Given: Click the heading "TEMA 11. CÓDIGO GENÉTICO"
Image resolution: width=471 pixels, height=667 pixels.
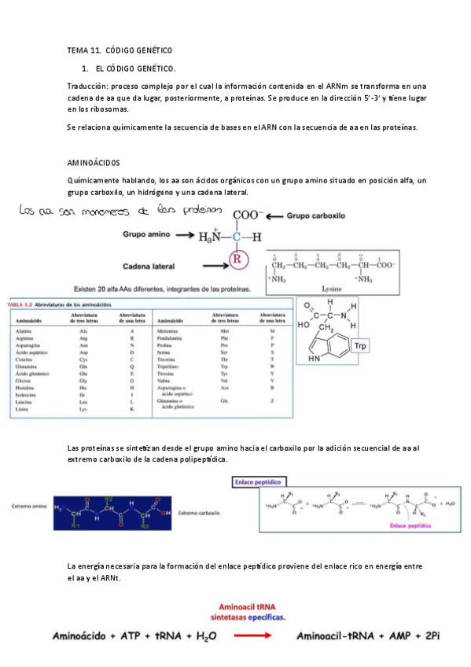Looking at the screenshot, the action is (x=120, y=49).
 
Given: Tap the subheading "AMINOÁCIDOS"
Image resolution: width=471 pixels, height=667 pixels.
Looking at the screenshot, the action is (x=93, y=163).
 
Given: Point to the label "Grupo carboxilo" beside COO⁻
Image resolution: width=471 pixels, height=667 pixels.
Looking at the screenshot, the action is (x=315, y=214).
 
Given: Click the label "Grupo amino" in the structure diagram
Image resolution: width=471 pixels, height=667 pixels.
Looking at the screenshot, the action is (x=148, y=234).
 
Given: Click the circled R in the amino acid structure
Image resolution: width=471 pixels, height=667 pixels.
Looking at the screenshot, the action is (x=234, y=257).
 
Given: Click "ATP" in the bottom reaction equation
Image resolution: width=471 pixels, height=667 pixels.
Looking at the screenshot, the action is (x=118, y=636).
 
